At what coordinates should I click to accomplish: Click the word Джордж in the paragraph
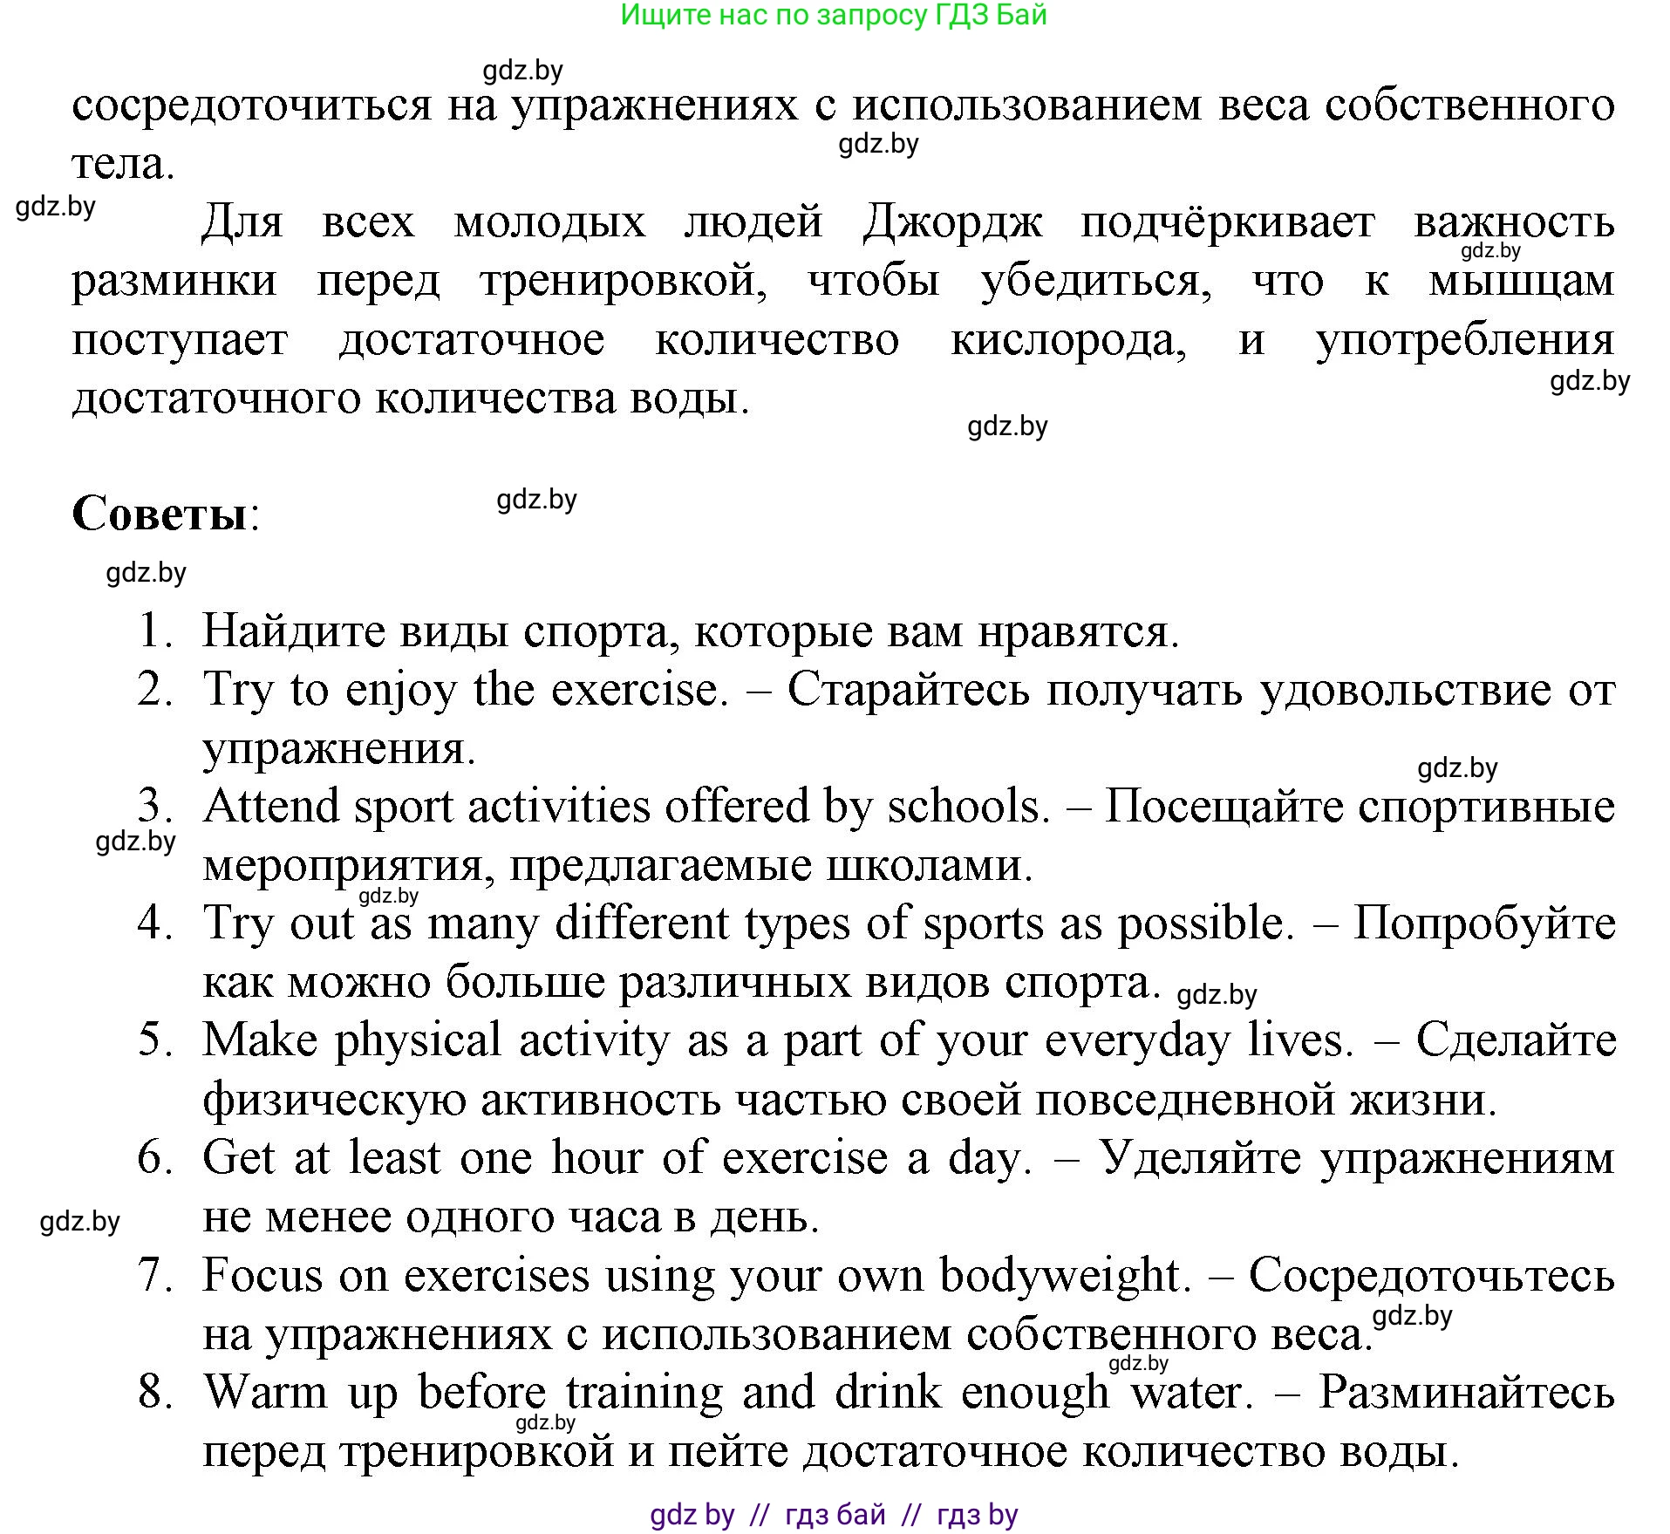[951, 222]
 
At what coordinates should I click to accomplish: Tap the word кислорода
[1067, 339]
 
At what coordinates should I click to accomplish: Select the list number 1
[154, 631]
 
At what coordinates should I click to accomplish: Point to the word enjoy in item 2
[400, 691]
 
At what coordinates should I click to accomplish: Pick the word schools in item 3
[966, 806]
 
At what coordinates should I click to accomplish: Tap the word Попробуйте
[1483, 923]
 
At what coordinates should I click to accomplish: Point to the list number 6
[155, 1158]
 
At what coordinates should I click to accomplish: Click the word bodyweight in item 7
[1064, 1276]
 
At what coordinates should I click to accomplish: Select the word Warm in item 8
[265, 1393]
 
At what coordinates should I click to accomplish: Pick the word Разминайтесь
[1466, 1393]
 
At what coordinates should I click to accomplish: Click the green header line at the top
[834, 15]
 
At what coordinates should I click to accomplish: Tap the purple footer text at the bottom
[834, 1516]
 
